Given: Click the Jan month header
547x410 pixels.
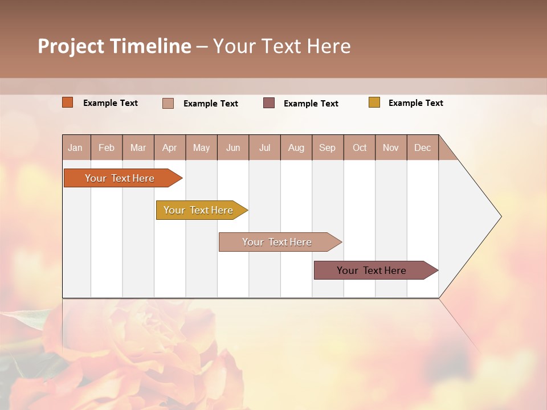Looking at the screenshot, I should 76,147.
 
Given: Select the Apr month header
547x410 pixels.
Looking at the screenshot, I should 170,147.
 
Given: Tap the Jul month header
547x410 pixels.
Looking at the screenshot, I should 264,147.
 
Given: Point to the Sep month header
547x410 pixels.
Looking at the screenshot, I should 328,147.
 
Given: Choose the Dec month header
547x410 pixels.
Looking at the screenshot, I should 422,147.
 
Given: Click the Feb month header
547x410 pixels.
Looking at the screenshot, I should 107,147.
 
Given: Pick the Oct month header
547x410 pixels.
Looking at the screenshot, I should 360,147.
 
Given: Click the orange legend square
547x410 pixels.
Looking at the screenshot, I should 68,102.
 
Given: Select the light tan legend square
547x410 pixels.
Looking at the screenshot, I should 168,103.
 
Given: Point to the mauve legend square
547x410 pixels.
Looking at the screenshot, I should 269,103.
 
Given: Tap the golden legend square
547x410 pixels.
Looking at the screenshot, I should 374,102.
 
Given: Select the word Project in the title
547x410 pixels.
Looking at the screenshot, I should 71,46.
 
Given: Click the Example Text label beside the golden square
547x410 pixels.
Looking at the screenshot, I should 415,103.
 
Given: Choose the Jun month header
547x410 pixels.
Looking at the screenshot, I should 233,147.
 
